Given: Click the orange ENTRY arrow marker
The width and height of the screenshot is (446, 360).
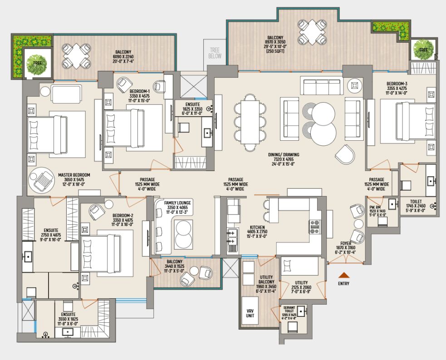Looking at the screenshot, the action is [x=344, y=275].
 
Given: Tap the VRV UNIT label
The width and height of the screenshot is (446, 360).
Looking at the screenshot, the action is [x=250, y=313].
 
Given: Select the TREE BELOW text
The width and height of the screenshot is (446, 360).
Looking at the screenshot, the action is [x=215, y=53].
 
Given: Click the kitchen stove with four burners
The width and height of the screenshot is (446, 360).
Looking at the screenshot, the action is [x=315, y=227].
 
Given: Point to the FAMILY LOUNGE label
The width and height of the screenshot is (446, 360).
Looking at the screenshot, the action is [x=177, y=203].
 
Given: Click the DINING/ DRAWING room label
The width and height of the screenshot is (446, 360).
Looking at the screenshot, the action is [x=284, y=155].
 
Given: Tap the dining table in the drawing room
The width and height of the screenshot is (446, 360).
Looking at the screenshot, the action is [x=250, y=122].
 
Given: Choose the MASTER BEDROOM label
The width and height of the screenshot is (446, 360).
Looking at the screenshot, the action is [x=74, y=175].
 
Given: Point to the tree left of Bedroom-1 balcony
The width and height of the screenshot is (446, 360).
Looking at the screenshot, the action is [x=37, y=64].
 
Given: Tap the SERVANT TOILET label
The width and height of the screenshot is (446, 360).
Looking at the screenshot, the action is [x=289, y=309].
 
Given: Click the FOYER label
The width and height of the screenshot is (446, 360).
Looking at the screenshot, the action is [x=346, y=244].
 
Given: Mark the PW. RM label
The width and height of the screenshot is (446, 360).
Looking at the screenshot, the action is [x=375, y=207].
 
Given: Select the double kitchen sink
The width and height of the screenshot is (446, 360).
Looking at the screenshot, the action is [x=232, y=237].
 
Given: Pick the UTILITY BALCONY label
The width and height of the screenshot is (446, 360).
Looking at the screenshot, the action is [x=266, y=280].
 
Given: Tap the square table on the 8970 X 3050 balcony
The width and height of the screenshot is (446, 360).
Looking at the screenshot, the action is [x=312, y=32].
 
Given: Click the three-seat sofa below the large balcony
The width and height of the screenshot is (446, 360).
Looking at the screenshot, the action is [x=322, y=86].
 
